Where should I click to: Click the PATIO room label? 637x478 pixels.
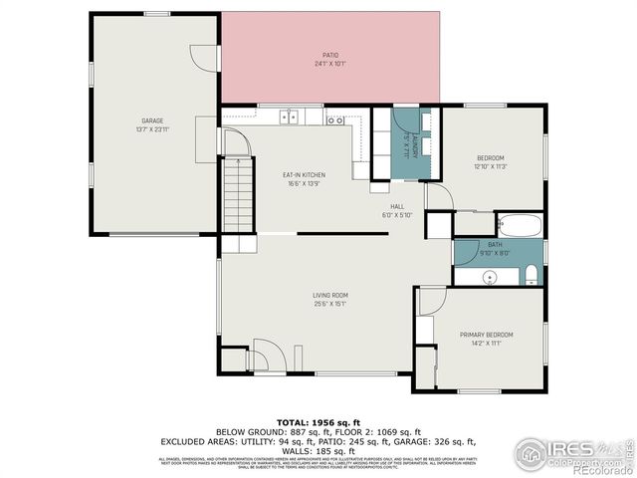point(329,55)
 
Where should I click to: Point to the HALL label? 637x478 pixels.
point(396,207)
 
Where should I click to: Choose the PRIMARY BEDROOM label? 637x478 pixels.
point(486,335)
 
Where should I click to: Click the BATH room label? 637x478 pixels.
point(495,245)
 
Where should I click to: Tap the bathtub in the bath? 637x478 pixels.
point(518,225)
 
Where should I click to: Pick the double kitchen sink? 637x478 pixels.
point(290,117)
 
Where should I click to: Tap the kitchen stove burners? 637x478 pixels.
point(335,119)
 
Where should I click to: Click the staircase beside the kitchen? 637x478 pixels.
point(236,194)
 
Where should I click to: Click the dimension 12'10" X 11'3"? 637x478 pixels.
point(490,166)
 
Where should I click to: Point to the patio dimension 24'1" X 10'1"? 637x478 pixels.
point(329,64)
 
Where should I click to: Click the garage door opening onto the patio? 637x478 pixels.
point(206,56)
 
